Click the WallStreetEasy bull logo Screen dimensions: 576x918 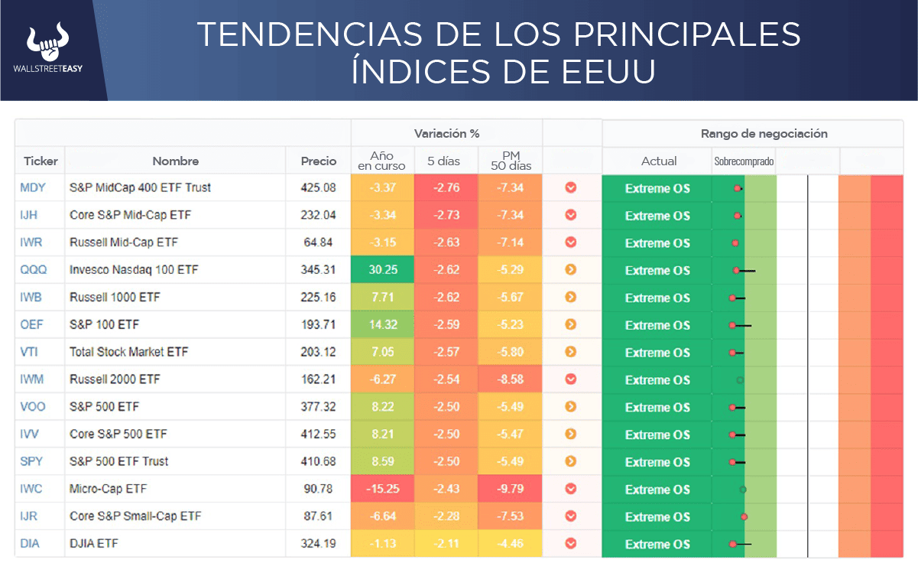(47, 44)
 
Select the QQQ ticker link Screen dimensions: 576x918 (32, 270)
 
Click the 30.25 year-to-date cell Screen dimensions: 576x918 (382, 270)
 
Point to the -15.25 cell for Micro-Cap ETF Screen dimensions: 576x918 (382, 489)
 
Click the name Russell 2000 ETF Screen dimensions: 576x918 (115, 379)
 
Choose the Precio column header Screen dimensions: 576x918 (318, 161)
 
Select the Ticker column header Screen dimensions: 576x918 (41, 161)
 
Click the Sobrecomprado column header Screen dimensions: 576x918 (744, 161)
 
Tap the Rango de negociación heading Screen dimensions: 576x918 (764, 133)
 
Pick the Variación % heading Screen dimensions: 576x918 (446, 133)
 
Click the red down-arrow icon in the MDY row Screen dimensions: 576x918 (570, 188)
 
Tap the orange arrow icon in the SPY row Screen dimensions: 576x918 (570, 461)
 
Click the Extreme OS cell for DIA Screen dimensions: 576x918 (657, 544)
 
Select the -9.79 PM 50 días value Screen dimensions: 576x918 (510, 489)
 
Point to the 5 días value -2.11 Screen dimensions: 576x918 (446, 544)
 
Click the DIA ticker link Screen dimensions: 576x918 (31, 544)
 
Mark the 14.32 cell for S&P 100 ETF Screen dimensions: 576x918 (382, 325)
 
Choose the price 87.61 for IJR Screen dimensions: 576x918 (318, 516)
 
